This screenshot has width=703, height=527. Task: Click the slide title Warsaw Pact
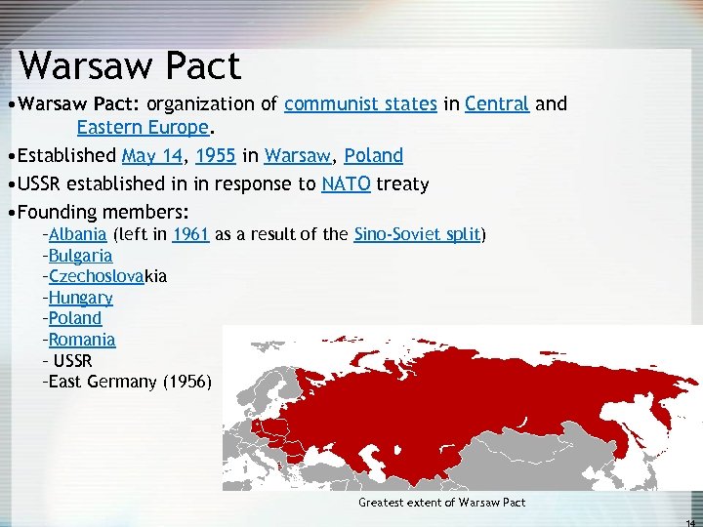point(129,66)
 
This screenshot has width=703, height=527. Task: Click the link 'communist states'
point(361,104)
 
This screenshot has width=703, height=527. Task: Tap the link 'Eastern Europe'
point(142,128)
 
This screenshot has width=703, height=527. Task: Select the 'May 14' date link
point(150,156)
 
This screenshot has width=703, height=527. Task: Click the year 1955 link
point(212,156)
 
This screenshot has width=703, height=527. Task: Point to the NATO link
point(346,183)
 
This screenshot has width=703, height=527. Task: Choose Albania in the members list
point(77,234)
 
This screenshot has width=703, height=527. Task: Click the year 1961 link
point(190,234)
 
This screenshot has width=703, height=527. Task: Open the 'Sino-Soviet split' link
point(419,234)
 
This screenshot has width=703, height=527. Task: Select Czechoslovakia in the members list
point(106,276)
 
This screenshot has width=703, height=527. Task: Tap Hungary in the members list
point(80,298)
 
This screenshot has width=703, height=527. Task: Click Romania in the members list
point(82,340)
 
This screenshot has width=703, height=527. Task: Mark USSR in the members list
point(72,361)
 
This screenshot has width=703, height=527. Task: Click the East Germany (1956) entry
point(127,382)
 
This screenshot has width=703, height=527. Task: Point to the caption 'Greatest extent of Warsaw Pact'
point(441,503)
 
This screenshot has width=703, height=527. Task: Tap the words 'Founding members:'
point(103,212)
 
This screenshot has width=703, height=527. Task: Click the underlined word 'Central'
point(497,104)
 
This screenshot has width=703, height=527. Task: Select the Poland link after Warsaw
point(374,156)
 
